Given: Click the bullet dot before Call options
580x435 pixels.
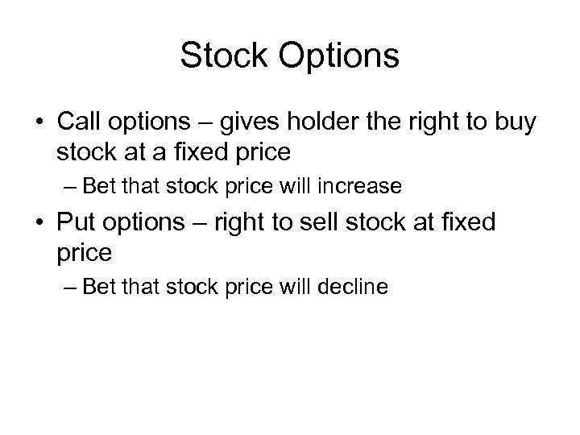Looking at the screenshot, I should point(39,122).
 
